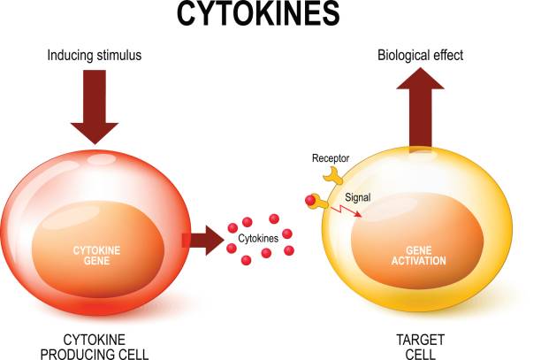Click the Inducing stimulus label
click(x=94, y=57)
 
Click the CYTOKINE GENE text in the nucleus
click(x=94, y=256)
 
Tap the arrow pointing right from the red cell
click(x=202, y=240)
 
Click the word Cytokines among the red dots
click(x=258, y=238)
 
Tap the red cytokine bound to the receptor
click(x=311, y=200)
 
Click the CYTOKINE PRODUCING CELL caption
click(x=94, y=346)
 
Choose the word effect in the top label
click(x=445, y=56)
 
